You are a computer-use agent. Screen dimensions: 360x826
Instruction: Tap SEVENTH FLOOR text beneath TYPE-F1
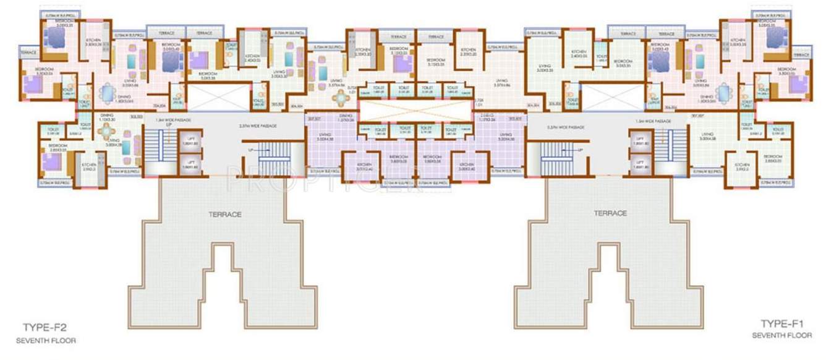pos(782,335)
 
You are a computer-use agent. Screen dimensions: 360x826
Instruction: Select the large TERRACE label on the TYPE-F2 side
pos(224,214)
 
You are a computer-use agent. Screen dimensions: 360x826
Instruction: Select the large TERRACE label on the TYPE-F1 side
pos(610,213)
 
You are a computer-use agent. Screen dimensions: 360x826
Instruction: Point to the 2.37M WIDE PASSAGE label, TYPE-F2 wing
pos(259,126)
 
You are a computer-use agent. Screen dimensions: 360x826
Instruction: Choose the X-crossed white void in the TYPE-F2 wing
pos(217,98)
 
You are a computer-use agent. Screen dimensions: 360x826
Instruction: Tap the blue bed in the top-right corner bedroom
pos(775,38)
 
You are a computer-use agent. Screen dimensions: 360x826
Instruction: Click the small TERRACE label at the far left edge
pos(28,53)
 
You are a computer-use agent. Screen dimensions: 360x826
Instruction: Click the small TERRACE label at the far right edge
pos(803,54)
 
